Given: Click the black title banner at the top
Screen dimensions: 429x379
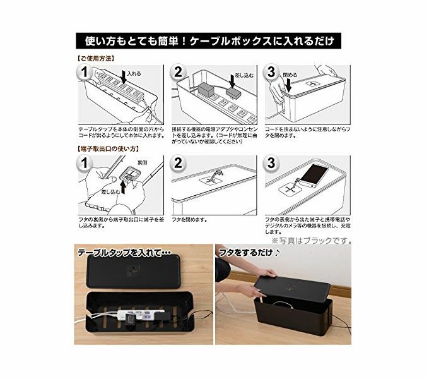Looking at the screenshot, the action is pyautogui.click(x=208, y=41).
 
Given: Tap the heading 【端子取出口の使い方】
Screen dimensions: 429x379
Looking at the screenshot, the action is pyautogui.click(x=107, y=149).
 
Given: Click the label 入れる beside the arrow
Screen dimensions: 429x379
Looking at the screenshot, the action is pyautogui.click(x=134, y=74).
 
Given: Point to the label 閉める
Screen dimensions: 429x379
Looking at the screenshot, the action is pyautogui.click(x=290, y=75).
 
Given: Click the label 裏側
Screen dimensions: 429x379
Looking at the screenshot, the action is pyautogui.click(x=143, y=163).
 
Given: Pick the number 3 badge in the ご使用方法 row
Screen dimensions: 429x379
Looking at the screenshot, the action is pyautogui.click(x=271, y=72).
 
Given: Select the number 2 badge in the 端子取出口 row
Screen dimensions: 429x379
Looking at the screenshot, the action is pyautogui.click(x=178, y=163).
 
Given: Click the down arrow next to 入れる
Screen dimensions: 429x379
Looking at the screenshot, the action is pyautogui.click(x=124, y=76).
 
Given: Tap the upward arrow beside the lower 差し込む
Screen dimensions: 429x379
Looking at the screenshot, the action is pyautogui.click(x=124, y=188).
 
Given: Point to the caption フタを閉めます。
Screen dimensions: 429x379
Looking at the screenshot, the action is pyautogui.click(x=189, y=220).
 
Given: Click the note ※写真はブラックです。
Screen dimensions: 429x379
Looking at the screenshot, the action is pyautogui.click(x=312, y=241).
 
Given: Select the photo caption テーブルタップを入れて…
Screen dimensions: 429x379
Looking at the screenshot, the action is pyautogui.click(x=124, y=253).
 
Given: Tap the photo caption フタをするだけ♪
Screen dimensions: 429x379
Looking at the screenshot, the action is pyautogui.click(x=249, y=253).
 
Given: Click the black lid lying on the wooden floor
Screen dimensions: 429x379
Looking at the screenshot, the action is pyautogui.click(x=134, y=271).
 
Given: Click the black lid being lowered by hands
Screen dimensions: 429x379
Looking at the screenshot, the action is pyautogui.click(x=292, y=286).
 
